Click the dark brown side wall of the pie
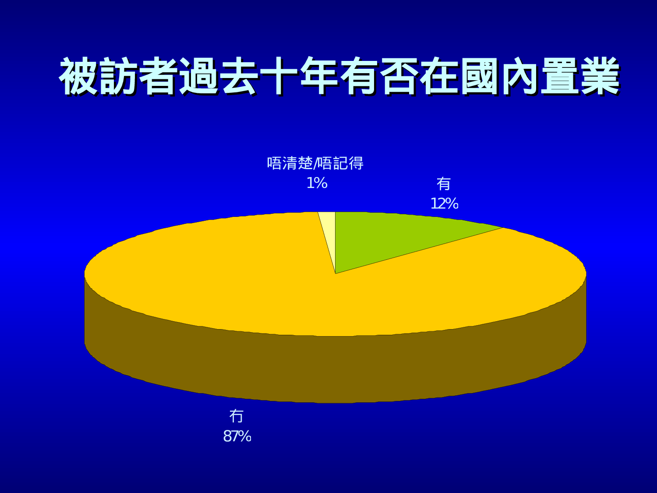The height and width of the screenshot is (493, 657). (x=333, y=368)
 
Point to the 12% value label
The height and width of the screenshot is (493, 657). (x=444, y=204)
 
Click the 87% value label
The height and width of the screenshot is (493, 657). (x=237, y=436)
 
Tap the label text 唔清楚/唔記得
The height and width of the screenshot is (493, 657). (x=315, y=163)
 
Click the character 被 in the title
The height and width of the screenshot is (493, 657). (x=79, y=77)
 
